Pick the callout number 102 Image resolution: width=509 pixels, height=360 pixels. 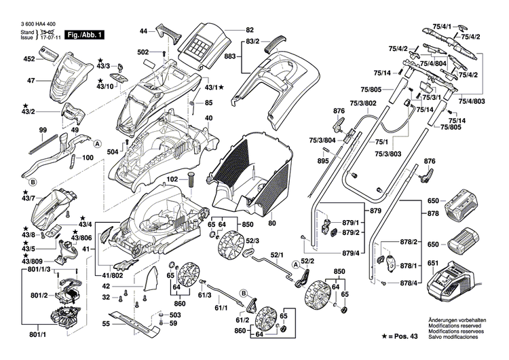click(x=172, y=179)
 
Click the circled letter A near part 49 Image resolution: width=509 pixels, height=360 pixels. click(x=96, y=144)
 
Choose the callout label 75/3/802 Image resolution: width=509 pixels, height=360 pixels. click(x=362, y=103)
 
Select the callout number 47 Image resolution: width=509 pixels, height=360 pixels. click(x=31, y=81)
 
